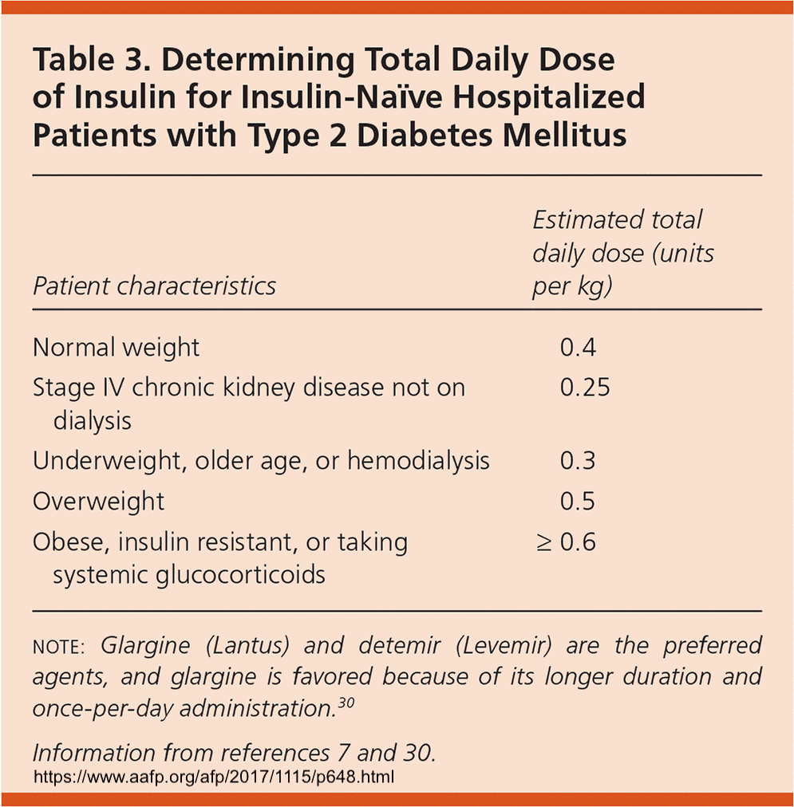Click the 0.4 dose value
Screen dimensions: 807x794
(x=578, y=348)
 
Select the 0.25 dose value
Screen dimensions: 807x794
(x=585, y=388)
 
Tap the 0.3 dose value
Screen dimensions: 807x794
(x=578, y=461)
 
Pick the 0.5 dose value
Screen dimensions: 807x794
(x=578, y=502)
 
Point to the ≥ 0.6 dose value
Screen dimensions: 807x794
(x=566, y=542)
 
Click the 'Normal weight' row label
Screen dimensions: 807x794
(x=116, y=348)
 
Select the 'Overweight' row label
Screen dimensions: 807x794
(x=98, y=502)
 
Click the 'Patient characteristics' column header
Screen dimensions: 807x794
(x=154, y=285)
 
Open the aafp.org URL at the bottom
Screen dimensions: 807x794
(x=215, y=775)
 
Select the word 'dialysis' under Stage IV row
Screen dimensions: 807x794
(x=93, y=420)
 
